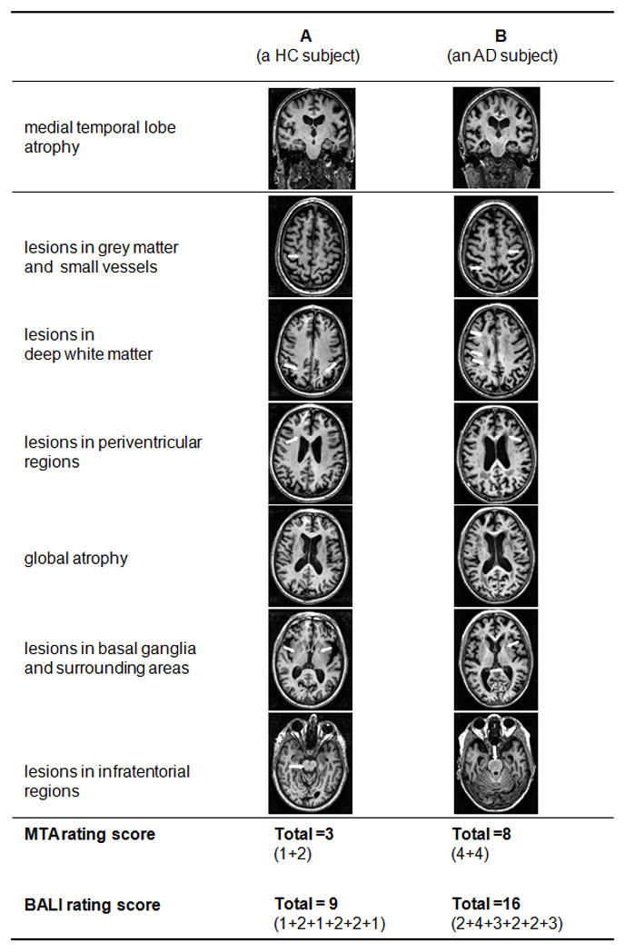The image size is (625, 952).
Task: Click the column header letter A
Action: (x=306, y=36)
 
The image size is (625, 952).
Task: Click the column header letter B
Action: (x=501, y=36)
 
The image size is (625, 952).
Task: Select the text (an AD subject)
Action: (x=501, y=55)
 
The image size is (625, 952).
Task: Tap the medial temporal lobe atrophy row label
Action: (x=100, y=137)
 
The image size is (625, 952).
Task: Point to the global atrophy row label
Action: (x=75, y=558)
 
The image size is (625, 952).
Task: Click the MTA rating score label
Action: (x=90, y=835)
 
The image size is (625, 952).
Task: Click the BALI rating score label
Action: (x=92, y=905)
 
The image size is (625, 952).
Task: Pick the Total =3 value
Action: (x=305, y=835)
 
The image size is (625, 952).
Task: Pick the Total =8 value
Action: (x=482, y=835)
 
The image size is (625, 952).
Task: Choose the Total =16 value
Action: (x=486, y=904)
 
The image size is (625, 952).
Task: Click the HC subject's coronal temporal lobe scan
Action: (x=312, y=137)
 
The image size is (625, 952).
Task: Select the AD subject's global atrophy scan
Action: (x=496, y=556)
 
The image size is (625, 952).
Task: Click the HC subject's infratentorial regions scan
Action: (x=312, y=763)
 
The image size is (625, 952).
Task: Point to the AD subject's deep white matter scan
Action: (x=496, y=348)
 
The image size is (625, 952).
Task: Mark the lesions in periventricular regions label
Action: (x=114, y=451)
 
